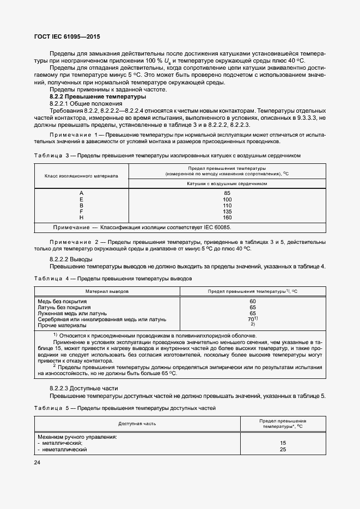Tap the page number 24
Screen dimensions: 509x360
tap(38, 462)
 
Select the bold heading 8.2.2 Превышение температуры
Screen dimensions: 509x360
tap(97, 96)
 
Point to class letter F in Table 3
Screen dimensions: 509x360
tap(81, 212)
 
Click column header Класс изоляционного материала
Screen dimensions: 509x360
tap(81, 176)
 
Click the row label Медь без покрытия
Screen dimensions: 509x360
tap(63, 301)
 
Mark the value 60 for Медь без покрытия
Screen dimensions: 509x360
tap(252, 301)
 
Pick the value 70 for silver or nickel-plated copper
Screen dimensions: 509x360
tap(252, 319)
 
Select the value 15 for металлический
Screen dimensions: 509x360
tap(283, 443)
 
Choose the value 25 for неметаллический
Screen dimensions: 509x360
tap(283, 449)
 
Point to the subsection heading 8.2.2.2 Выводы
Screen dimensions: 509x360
tap(71, 259)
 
